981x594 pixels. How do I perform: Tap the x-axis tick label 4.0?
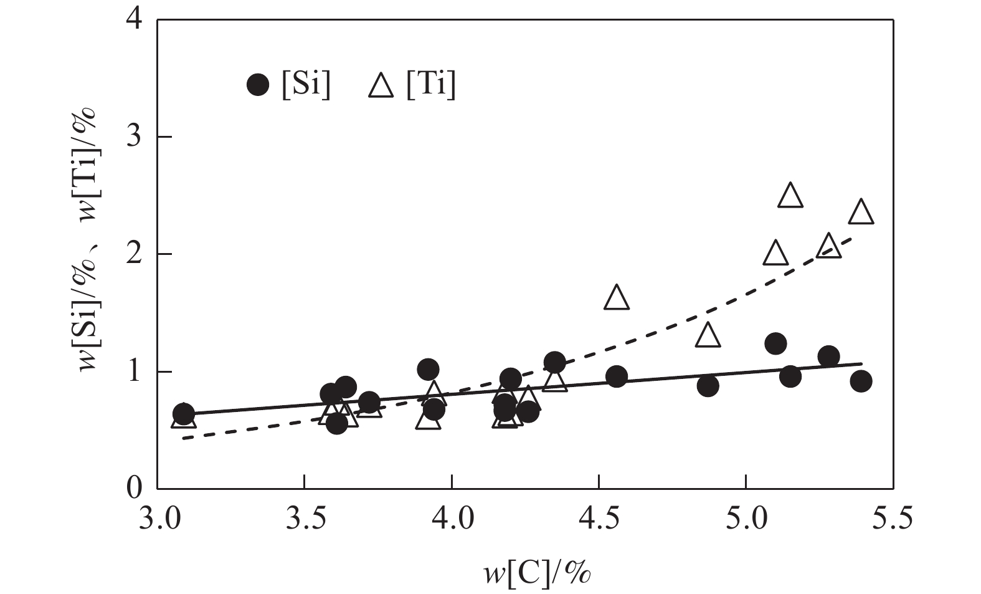[451, 519]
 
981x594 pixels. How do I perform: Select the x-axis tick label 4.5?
[599, 519]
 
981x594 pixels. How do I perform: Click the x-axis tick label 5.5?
[893, 519]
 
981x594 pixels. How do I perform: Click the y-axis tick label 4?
[135, 21]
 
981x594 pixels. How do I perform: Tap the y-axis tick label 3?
[135, 137]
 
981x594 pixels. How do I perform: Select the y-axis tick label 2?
[135, 254]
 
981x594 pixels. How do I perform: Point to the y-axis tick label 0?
[135, 489]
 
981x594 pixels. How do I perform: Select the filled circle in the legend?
[258, 85]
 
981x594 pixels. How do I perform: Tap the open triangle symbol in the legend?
[381, 85]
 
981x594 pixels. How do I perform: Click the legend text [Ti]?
[430, 85]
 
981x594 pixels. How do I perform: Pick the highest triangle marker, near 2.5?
[790, 196]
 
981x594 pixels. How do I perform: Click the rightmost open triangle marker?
[861, 213]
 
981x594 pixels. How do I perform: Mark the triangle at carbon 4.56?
[617, 298]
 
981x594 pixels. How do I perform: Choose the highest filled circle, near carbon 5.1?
[775, 343]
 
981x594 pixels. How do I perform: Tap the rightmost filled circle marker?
[861, 381]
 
